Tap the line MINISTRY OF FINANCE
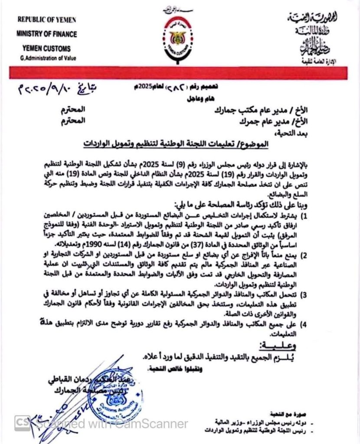(x=46, y=34)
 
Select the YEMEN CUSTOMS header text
(x=43, y=48)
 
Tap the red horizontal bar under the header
(x=180, y=72)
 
